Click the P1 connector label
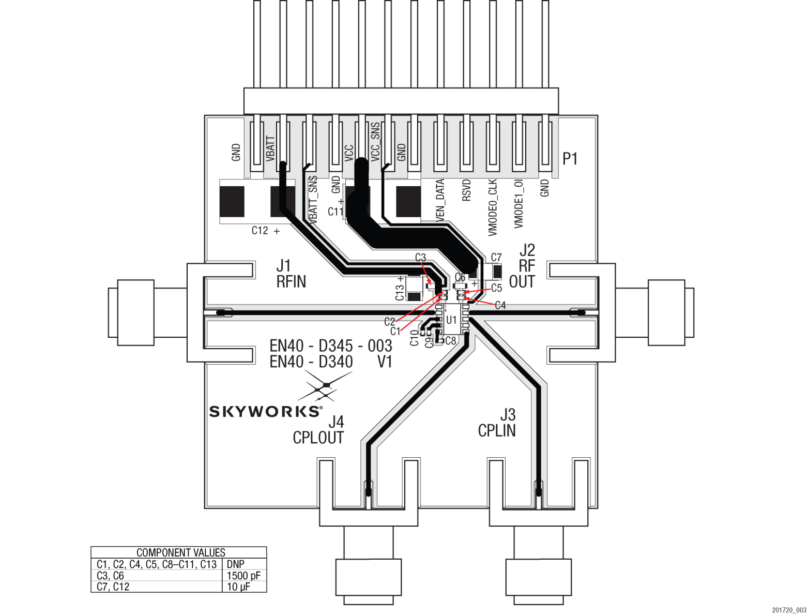click(x=570, y=159)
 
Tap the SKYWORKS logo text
click(x=265, y=412)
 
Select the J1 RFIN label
click(x=291, y=274)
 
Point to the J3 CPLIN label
click(x=497, y=423)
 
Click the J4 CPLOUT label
click(x=318, y=430)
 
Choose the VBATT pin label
click(x=270, y=149)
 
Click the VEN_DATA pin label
click(x=440, y=201)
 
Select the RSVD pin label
click(x=466, y=191)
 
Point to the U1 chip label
click(x=451, y=320)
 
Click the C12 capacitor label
click(x=260, y=231)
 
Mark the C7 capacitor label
click(x=496, y=258)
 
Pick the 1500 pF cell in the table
click(x=243, y=576)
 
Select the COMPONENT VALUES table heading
click(x=181, y=552)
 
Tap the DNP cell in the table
click(x=236, y=564)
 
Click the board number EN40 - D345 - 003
click(x=331, y=346)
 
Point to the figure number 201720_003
click(x=789, y=610)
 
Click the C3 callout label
click(x=420, y=258)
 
